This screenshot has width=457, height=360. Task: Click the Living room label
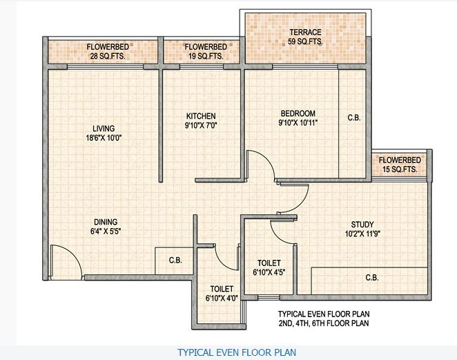pyautogui.click(x=104, y=128)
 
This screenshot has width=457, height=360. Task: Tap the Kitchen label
pyautogui.click(x=201, y=115)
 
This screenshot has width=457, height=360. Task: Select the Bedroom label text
pyautogui.click(x=298, y=113)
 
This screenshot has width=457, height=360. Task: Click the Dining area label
pyautogui.click(x=103, y=222)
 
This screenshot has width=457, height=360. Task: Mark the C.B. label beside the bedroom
pyautogui.click(x=353, y=118)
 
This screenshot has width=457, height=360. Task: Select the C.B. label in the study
pyautogui.click(x=371, y=278)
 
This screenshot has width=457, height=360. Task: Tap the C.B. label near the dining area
pyautogui.click(x=175, y=260)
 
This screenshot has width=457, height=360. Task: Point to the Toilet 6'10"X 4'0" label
pyautogui.click(x=222, y=294)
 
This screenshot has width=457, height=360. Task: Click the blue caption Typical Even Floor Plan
pyautogui.click(x=237, y=352)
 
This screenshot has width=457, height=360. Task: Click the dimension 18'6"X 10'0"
pyautogui.click(x=104, y=138)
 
